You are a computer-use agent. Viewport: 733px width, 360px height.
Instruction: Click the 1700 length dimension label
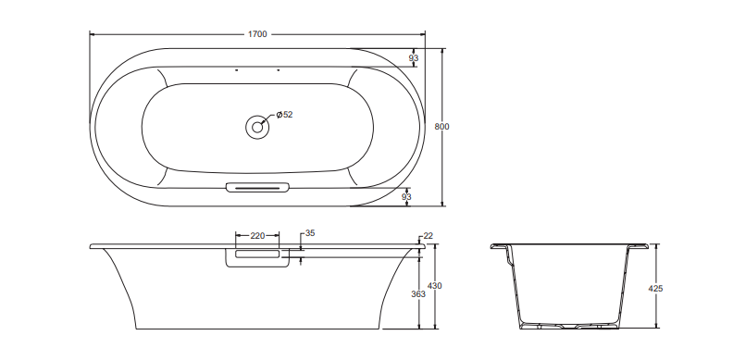click(257, 34)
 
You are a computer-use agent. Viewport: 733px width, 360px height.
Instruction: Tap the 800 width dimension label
click(441, 127)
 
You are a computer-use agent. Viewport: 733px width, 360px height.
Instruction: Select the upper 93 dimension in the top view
click(414, 58)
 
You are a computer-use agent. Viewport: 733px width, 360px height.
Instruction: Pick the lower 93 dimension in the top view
click(406, 197)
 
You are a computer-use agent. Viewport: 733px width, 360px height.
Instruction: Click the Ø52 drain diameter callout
click(284, 115)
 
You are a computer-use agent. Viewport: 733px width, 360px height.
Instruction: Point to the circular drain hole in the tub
click(257, 127)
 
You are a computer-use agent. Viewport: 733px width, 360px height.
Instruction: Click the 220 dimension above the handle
click(257, 236)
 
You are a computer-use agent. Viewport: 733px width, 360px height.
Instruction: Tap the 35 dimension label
click(310, 233)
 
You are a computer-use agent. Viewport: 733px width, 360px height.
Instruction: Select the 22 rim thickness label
click(428, 236)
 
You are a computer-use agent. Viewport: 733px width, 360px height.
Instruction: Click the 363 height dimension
click(418, 294)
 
